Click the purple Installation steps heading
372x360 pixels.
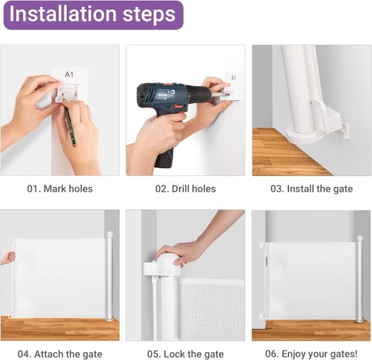click(93, 15)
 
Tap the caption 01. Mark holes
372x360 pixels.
click(60, 189)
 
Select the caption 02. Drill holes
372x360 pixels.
click(185, 189)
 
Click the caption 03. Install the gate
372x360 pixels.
click(312, 189)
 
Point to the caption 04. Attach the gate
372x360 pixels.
click(60, 354)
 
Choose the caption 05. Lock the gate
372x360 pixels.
click(185, 354)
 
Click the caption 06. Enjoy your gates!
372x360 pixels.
click(312, 354)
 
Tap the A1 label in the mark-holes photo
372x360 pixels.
click(69, 74)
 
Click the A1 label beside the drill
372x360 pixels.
click(233, 78)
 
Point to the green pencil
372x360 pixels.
click(71, 126)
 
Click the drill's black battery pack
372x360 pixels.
click(165, 157)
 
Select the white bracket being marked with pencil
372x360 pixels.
click(67, 92)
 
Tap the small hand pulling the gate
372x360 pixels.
click(9, 258)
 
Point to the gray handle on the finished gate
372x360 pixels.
click(267, 261)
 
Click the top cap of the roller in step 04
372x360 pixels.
click(110, 235)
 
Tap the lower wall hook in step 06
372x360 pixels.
click(262, 317)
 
